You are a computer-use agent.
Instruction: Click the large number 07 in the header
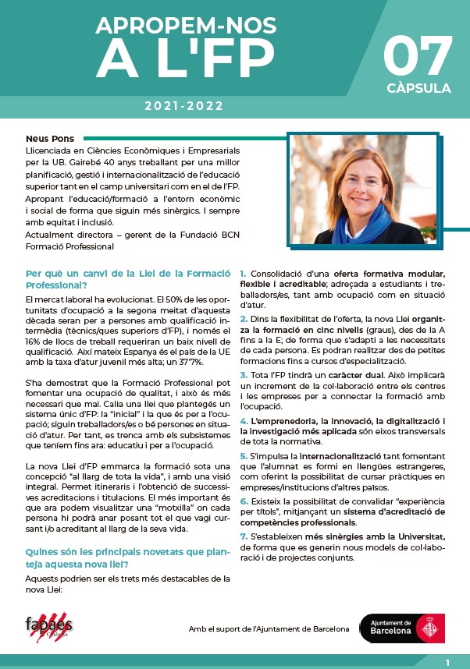click(418, 55)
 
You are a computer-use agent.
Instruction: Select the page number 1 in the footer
click(447, 663)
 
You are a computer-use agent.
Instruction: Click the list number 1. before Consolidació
click(243, 274)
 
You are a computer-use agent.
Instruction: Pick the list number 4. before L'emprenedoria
click(243, 422)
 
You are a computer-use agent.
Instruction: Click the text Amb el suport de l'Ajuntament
click(269, 629)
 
